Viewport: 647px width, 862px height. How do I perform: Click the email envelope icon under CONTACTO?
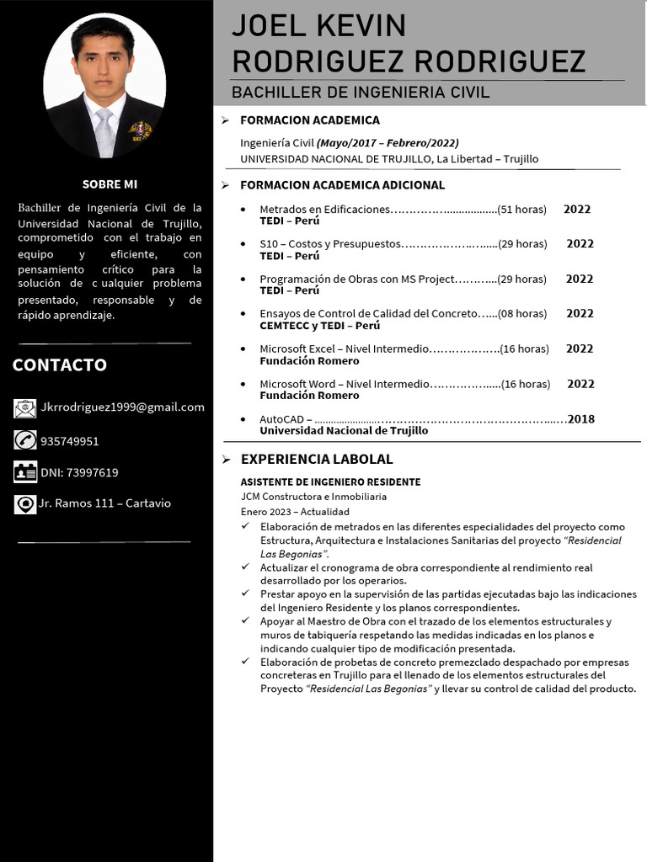click(x=24, y=408)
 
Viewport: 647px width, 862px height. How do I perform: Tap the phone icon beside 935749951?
click(x=24, y=440)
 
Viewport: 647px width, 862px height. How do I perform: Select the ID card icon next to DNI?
click(x=24, y=472)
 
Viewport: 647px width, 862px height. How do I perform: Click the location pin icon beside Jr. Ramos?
click(x=24, y=503)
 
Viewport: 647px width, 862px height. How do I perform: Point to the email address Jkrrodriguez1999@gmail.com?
click(x=122, y=407)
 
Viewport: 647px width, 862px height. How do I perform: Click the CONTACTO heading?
click(x=60, y=364)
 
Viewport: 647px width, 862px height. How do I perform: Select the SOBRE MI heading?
click(x=110, y=184)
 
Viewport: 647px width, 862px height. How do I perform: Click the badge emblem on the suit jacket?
click(x=140, y=130)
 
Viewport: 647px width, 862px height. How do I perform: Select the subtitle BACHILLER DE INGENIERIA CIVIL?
click(x=361, y=92)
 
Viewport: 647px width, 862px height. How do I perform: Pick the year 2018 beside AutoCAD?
click(x=580, y=419)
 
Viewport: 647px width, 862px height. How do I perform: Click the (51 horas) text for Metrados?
click(x=521, y=210)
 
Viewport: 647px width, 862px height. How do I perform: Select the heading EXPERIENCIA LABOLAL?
click(x=317, y=460)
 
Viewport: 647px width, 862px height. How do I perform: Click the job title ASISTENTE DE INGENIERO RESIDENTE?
click(x=330, y=482)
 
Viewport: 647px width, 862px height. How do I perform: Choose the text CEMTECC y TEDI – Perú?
click(x=319, y=326)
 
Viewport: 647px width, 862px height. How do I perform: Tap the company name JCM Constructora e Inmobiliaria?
click(x=313, y=497)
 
